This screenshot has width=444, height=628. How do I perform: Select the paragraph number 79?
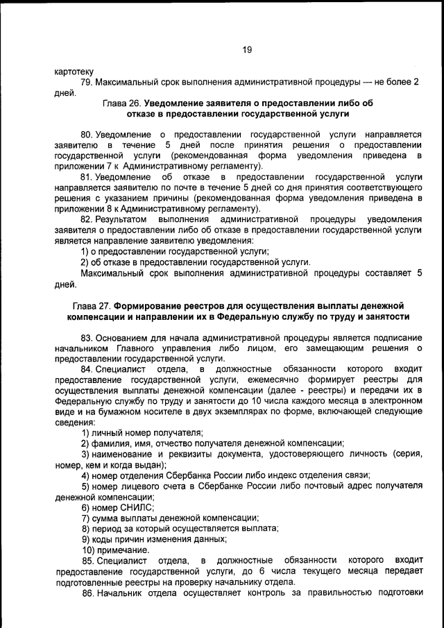click(87, 83)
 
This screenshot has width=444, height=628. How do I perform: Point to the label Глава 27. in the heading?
click(92, 305)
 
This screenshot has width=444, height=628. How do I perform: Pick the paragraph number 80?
click(87, 133)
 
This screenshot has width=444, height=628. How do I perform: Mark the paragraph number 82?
click(87, 219)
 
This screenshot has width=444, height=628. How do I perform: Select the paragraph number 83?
click(87, 337)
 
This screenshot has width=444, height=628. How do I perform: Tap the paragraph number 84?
click(87, 369)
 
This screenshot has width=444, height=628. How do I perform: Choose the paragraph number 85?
click(87, 560)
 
